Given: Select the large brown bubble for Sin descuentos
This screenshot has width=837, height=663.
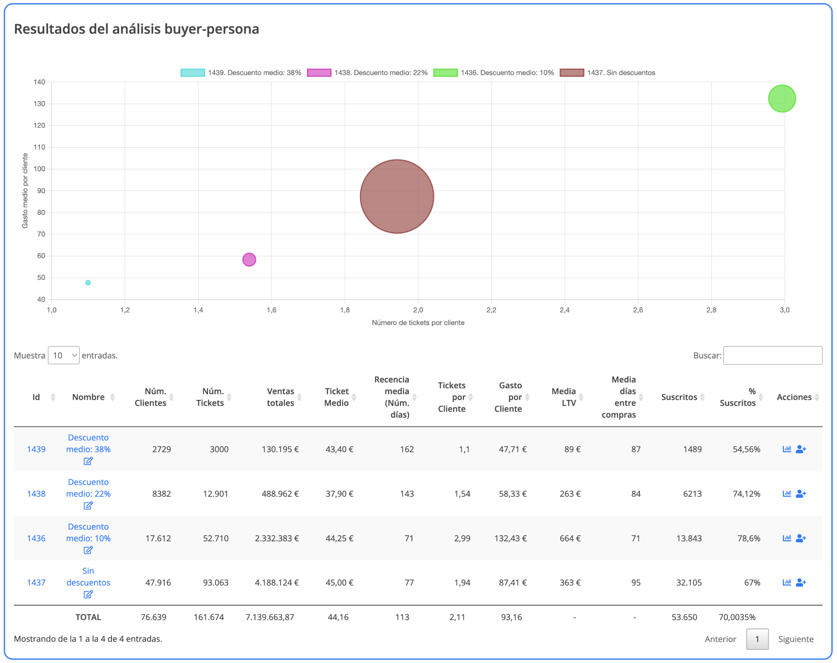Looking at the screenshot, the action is tap(397, 196).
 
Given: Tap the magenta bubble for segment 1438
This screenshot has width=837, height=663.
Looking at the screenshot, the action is tap(249, 259).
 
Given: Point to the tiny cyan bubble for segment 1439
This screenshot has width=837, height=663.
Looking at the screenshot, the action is tap(88, 283).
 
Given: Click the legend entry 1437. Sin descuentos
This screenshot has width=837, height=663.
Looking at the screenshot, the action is tap(607, 73).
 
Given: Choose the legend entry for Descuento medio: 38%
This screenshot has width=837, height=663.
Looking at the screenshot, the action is tap(241, 73).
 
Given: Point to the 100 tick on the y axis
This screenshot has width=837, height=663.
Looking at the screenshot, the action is tap(39, 169).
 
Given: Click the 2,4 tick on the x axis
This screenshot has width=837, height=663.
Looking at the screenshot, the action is tap(564, 310).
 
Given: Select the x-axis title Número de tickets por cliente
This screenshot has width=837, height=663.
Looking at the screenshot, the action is tap(418, 323).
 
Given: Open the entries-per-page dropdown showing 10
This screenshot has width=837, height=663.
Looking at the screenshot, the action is tap(64, 355).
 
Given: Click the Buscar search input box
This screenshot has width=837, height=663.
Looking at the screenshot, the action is tap(772, 355).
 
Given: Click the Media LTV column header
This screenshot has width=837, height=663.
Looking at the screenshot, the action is tap(563, 397).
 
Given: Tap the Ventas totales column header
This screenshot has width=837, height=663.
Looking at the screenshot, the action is tap(280, 397).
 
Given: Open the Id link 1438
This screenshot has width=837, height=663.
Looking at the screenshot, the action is tap(36, 494).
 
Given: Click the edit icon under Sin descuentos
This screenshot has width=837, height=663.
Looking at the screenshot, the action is tap(88, 594).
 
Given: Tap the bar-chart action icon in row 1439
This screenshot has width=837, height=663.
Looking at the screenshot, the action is tap(787, 449).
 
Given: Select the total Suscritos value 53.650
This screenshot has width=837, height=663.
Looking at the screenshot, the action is tap(684, 617).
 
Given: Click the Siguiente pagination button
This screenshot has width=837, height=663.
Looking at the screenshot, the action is tap(796, 639).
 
